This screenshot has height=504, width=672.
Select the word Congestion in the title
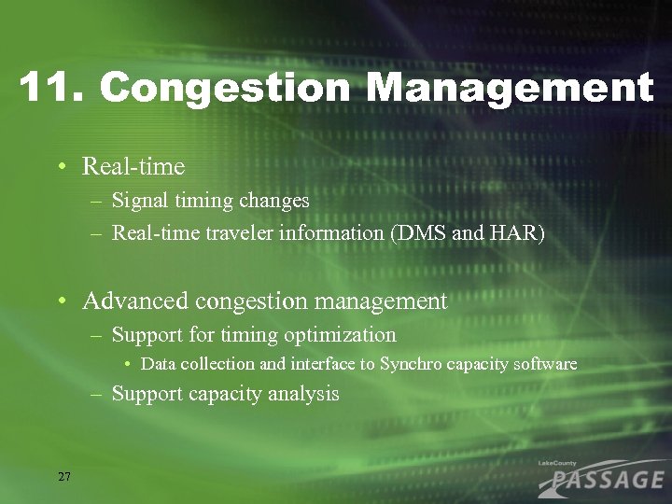(x=224, y=89)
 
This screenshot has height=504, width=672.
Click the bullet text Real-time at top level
(x=133, y=167)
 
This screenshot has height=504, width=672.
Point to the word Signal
(x=138, y=200)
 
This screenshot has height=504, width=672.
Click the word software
(x=543, y=364)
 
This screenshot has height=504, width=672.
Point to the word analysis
(x=304, y=394)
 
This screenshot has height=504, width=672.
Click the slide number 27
(x=63, y=477)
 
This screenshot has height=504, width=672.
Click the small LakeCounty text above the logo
(x=559, y=463)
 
